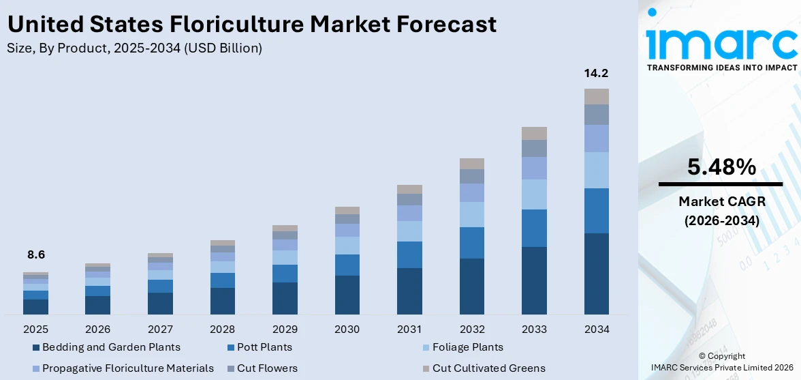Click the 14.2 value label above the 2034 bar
click(x=596, y=74)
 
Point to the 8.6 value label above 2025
click(x=35, y=254)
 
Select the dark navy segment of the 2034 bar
click(x=596, y=273)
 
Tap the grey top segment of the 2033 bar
click(x=534, y=133)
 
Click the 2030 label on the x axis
click(x=347, y=330)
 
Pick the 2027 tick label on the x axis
click(x=160, y=330)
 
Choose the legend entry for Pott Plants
click(x=264, y=347)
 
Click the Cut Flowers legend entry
click(x=267, y=368)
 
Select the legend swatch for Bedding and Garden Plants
click(x=36, y=348)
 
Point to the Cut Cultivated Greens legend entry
click(x=488, y=368)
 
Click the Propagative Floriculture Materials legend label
click(x=128, y=368)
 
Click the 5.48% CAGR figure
click(x=721, y=167)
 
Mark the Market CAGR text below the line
click(x=721, y=201)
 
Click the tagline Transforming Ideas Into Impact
click(x=721, y=68)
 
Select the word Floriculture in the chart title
click(x=230, y=25)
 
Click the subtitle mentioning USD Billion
click(x=134, y=48)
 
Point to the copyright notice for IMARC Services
click(x=721, y=362)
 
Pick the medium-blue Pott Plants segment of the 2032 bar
click(x=471, y=242)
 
